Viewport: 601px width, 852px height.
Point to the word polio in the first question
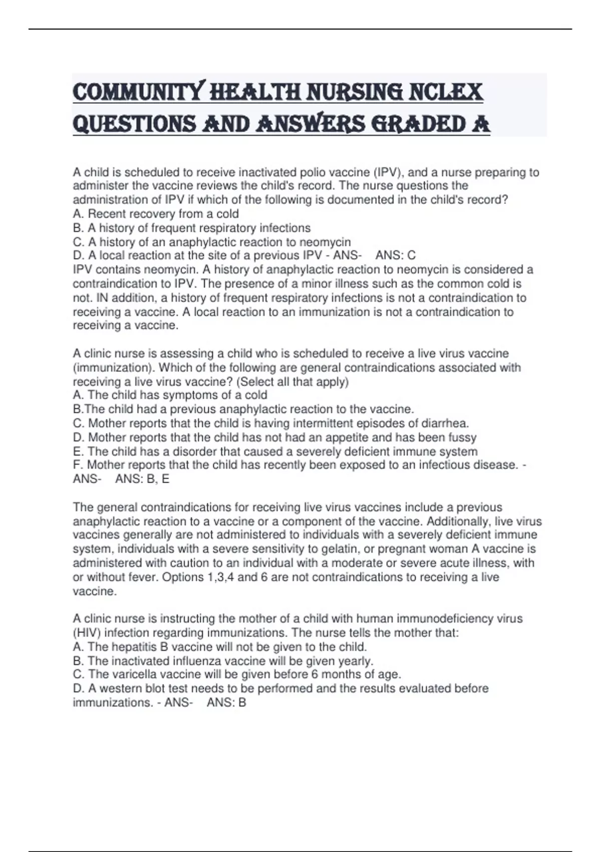tap(313, 172)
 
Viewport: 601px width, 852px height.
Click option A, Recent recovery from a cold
tap(156, 214)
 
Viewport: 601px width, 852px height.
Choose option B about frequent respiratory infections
tap(192, 228)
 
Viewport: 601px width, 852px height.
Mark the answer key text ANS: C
tap(396, 256)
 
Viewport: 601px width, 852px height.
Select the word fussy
tap(462, 438)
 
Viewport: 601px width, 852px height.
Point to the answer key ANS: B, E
tap(142, 479)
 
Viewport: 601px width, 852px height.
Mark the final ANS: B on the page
tap(226, 703)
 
